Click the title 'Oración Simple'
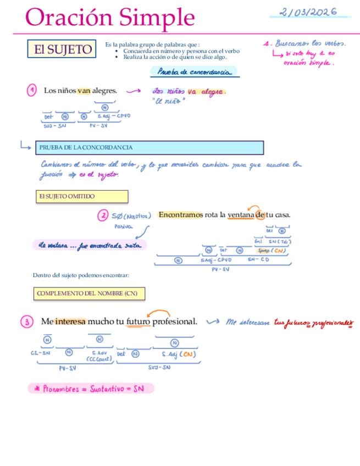[x=110, y=18]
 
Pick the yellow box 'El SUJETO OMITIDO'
[x=81, y=196]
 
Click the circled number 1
[x=32, y=90]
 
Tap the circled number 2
[x=103, y=215]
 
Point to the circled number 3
[x=28, y=322]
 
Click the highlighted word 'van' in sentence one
[x=84, y=91]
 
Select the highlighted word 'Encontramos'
[x=181, y=215]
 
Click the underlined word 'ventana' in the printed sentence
[x=241, y=215]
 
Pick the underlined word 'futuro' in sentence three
[x=138, y=321]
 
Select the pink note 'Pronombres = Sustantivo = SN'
[x=91, y=389]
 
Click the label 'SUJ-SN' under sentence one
[x=54, y=126]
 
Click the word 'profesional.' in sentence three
[x=174, y=321]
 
